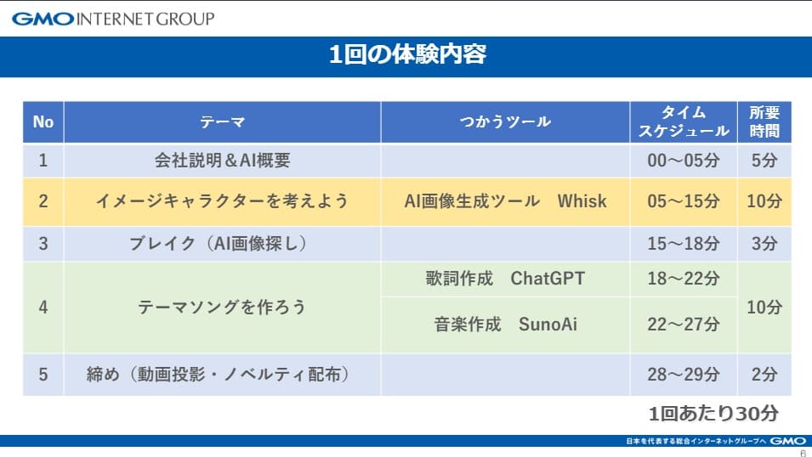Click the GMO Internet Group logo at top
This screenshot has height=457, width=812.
pos(113,20)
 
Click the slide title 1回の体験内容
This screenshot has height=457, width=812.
pos(407,54)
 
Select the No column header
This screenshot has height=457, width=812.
pos(43,122)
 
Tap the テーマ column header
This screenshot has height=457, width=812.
pos(222,122)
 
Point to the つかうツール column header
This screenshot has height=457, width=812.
pos(505,122)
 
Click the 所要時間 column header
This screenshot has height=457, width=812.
pos(764,122)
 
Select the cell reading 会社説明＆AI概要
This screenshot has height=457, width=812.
pos(222,161)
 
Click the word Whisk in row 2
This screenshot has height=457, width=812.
pos(582,201)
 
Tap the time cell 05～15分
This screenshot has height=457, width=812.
pos(684,201)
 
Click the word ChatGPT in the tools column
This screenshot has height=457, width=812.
pos(548,279)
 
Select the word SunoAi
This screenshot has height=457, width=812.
pos(548,324)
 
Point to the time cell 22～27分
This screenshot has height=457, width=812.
pos(684,324)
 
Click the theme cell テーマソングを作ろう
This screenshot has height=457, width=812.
pos(222,307)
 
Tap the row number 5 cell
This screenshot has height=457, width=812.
pos(43,375)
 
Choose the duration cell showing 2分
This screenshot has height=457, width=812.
pos(764,375)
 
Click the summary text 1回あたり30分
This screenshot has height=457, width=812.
pos(713,414)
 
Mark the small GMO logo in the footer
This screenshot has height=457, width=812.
pos(787,441)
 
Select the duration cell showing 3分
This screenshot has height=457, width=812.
pos(764,243)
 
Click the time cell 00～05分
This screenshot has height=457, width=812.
pos(684,161)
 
